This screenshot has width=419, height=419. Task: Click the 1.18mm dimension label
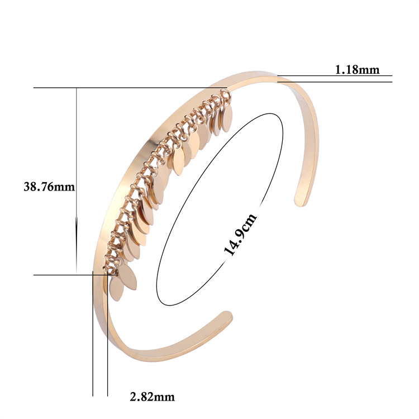tap(357, 70)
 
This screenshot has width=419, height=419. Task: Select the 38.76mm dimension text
tap(49, 187)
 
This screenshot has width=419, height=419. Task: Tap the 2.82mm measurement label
tap(153, 397)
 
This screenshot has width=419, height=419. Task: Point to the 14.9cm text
tap(240, 234)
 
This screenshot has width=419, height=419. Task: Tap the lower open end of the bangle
tap(226, 317)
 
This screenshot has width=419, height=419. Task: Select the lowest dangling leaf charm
tap(116, 289)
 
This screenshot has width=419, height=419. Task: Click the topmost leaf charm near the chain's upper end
tap(227, 117)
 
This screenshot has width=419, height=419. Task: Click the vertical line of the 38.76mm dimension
tap(77, 180)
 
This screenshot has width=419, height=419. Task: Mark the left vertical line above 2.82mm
tap(93, 334)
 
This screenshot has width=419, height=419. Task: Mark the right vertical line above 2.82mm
tap(107, 334)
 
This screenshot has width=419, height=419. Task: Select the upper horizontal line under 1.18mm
tap(335, 75)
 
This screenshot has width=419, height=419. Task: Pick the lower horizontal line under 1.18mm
tap(335, 82)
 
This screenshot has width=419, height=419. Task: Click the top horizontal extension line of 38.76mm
tap(130, 88)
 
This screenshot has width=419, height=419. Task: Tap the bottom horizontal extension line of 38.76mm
tap(75, 275)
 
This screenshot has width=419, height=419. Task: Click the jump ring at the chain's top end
tap(226, 94)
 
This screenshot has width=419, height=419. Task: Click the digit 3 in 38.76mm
tap(26, 187)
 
